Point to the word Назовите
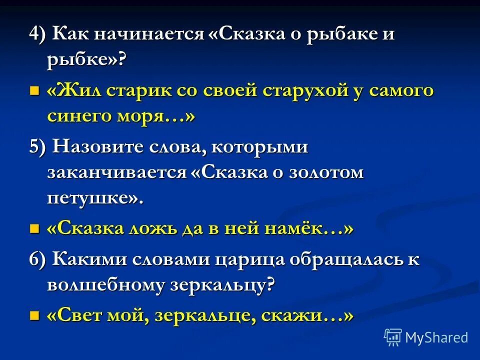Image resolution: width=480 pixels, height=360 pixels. (99, 147)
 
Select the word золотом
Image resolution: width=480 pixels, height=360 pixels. (331, 172)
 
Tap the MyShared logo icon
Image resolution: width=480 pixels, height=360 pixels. (392, 337)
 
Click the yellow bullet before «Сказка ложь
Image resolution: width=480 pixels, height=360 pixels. (34, 228)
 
